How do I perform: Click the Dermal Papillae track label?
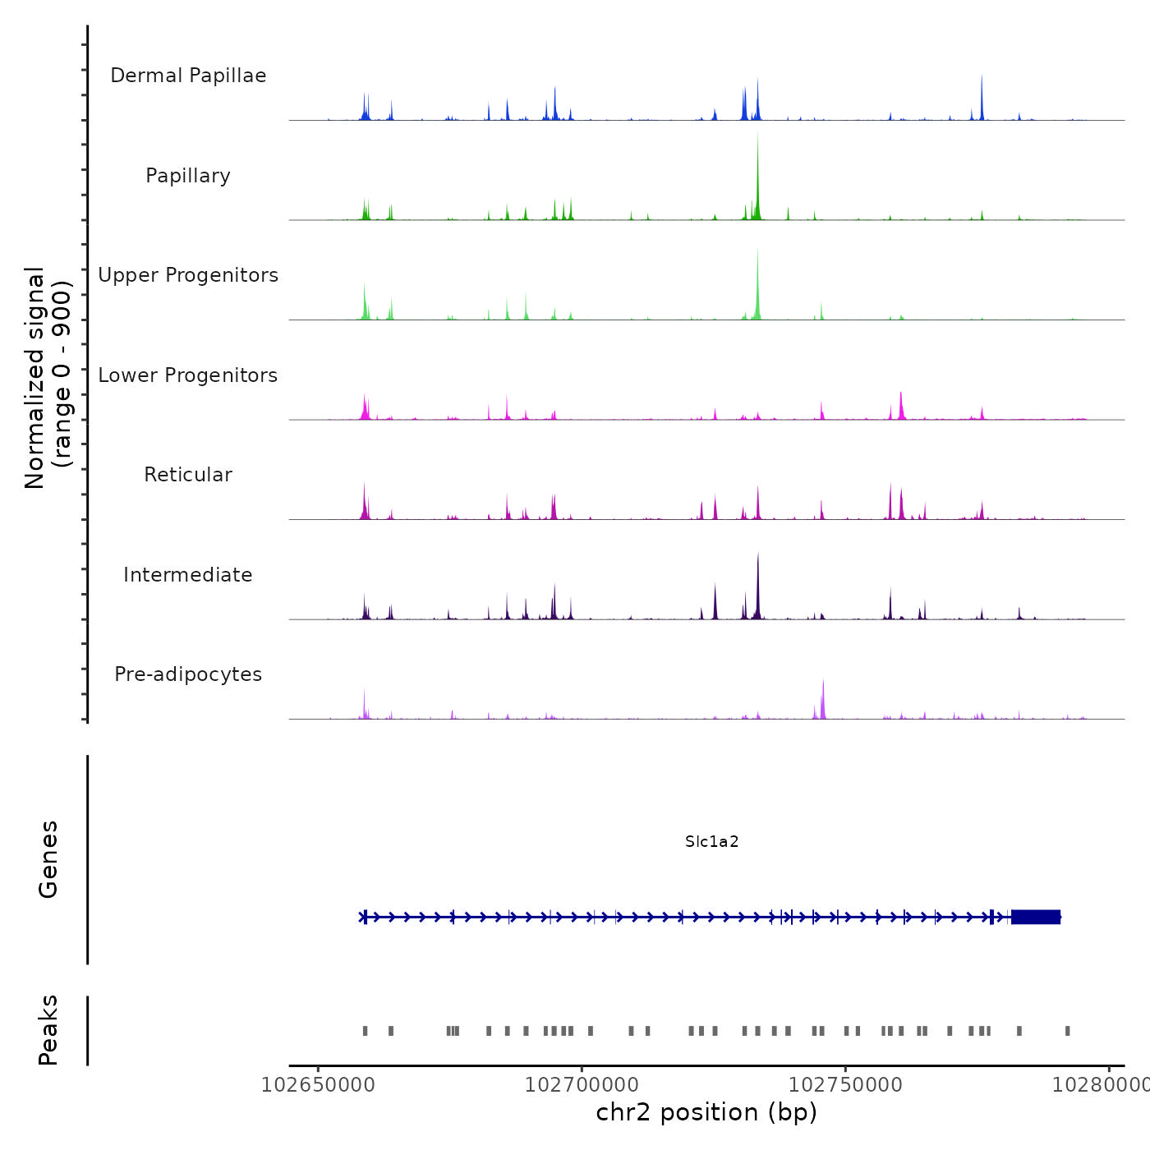click(x=188, y=76)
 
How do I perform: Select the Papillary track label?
click(x=188, y=176)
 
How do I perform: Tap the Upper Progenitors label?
click(x=188, y=275)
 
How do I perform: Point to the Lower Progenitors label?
click(x=188, y=375)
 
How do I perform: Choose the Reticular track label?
click(x=188, y=475)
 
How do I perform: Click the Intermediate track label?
click(x=188, y=575)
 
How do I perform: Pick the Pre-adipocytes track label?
click(x=188, y=674)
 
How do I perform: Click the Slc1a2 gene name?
click(x=712, y=841)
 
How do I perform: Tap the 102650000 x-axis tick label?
click(x=318, y=1085)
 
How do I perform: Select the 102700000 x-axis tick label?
click(x=582, y=1085)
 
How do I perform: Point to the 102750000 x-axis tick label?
click(x=845, y=1085)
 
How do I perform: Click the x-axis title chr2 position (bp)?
click(x=706, y=1112)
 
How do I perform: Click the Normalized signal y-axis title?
click(x=48, y=378)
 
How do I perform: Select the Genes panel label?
click(x=48, y=859)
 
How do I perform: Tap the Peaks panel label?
click(x=48, y=1030)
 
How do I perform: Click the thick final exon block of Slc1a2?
click(x=1036, y=917)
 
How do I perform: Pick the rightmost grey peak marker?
click(x=1068, y=1031)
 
